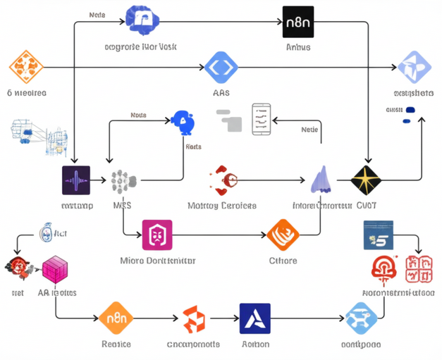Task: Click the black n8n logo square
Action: (297, 21)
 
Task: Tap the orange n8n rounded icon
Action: (116, 318)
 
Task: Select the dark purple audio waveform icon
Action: (76, 181)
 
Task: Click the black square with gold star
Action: (366, 181)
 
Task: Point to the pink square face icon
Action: (157, 235)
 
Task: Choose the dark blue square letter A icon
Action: (254, 318)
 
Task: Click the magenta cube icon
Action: (55, 270)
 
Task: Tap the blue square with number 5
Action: (378, 235)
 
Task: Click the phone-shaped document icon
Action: (261, 118)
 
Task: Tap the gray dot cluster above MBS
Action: (123, 181)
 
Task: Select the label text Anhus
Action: (297, 47)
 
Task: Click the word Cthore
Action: (283, 261)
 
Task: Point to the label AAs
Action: (221, 92)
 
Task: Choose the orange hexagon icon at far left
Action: (26, 67)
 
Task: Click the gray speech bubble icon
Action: (229, 120)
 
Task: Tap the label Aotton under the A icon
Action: (255, 344)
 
